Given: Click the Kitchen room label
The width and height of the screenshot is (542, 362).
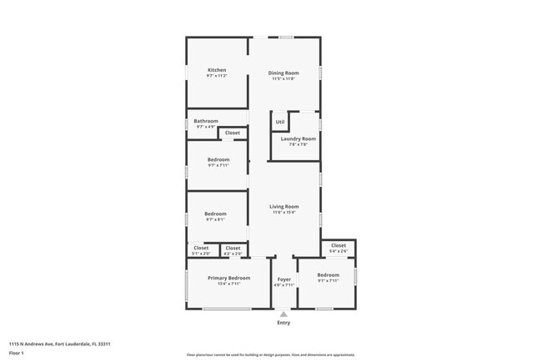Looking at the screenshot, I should (x=217, y=70).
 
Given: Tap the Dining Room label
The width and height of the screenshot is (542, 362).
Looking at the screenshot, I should (x=284, y=73).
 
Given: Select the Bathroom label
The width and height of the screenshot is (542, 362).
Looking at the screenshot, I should (x=206, y=121).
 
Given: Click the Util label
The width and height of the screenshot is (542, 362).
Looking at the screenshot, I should (x=280, y=123).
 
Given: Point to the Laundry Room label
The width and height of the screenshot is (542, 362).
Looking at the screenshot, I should (x=298, y=138).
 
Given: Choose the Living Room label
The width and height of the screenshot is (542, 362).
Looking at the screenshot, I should (x=284, y=206).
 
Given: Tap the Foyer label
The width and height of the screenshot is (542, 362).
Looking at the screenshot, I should (x=284, y=279).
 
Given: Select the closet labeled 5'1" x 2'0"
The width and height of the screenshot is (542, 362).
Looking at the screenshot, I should (x=201, y=248).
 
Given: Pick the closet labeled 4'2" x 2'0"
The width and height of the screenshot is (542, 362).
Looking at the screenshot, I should (x=233, y=248).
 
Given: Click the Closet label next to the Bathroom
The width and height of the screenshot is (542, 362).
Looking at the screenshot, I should (x=232, y=133).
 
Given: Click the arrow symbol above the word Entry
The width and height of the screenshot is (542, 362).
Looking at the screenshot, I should (x=284, y=314).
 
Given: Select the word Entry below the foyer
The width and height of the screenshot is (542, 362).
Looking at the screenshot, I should (x=284, y=323).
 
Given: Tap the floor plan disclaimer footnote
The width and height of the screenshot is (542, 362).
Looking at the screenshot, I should (x=271, y=354).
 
